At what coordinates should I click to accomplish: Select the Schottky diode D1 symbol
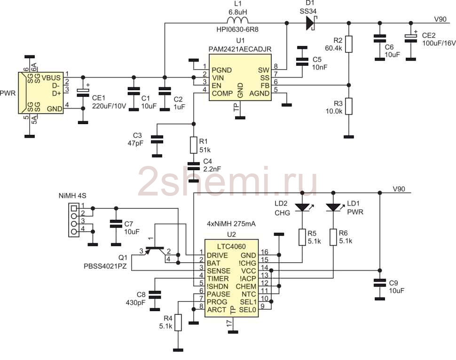pos(311,23)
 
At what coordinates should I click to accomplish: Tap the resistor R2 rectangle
pos(349,44)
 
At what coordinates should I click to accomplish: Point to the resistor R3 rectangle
pos(349,106)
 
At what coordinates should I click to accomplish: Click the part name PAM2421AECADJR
pos(240,49)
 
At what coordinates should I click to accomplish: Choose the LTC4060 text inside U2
pos(231,247)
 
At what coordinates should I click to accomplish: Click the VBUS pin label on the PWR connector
pos(51,78)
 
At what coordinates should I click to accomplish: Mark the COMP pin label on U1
pos(222,94)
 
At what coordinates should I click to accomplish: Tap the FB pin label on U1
pos(265,86)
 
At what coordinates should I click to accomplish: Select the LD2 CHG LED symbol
pos(302,207)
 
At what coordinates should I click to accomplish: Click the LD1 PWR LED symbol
pos(334,207)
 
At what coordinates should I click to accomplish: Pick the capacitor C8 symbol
pos(155,295)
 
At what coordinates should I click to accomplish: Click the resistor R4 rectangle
pos(178,322)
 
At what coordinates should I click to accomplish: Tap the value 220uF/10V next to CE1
pos(109,106)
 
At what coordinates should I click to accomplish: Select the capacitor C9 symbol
pos(379,282)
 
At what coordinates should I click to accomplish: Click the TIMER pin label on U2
pos(218,279)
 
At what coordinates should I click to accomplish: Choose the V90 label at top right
pos(440,19)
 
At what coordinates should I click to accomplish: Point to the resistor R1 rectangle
pos(194,145)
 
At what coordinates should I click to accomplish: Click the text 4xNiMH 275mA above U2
pos(231,224)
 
